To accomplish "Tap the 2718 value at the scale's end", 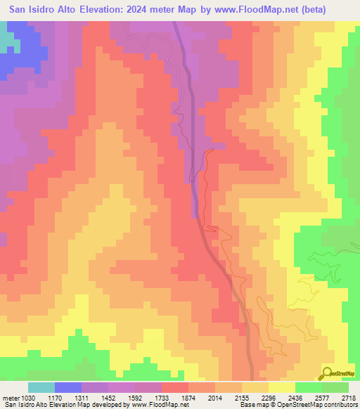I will coord(349,398).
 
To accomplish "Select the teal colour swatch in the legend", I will coord(41,387).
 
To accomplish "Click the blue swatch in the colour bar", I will coord(68,387).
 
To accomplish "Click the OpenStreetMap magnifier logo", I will coord(327,372).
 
